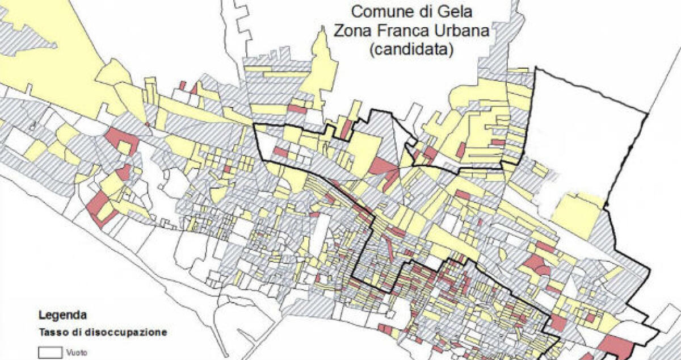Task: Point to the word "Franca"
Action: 405,31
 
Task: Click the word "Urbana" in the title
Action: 460,31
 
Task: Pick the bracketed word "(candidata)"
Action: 411,49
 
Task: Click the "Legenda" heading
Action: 63,315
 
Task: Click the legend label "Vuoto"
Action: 76,353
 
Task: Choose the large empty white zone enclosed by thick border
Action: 585,142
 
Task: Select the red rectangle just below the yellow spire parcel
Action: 296,108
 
